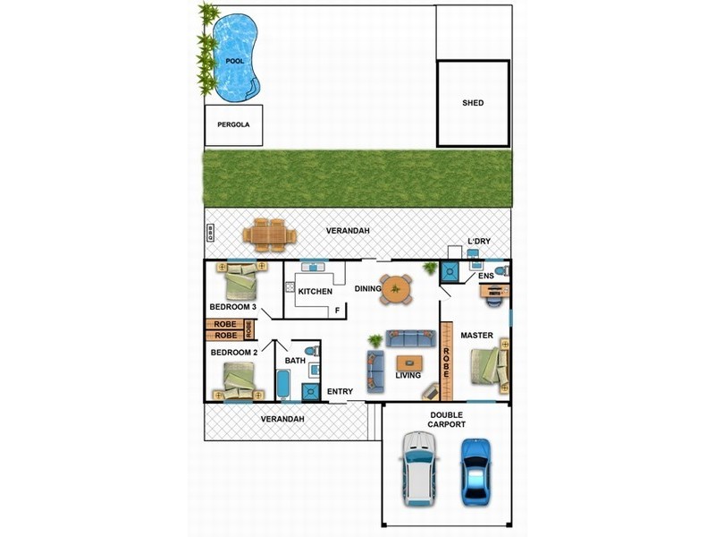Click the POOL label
(235, 61)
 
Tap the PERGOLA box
(233, 125)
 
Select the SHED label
(473, 103)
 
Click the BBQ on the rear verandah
(210, 233)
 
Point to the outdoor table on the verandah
(270, 235)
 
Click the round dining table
(395, 289)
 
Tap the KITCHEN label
(315, 292)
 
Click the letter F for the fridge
(338, 311)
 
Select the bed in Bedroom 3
(241, 281)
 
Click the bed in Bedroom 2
(239, 381)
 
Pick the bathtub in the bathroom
(282, 385)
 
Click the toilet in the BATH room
(312, 352)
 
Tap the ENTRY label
(340, 391)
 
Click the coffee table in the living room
(409, 363)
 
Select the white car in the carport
(418, 469)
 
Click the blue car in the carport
(476, 473)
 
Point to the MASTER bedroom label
(476, 335)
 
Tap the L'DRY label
(479, 241)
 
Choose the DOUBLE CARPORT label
(446, 420)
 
